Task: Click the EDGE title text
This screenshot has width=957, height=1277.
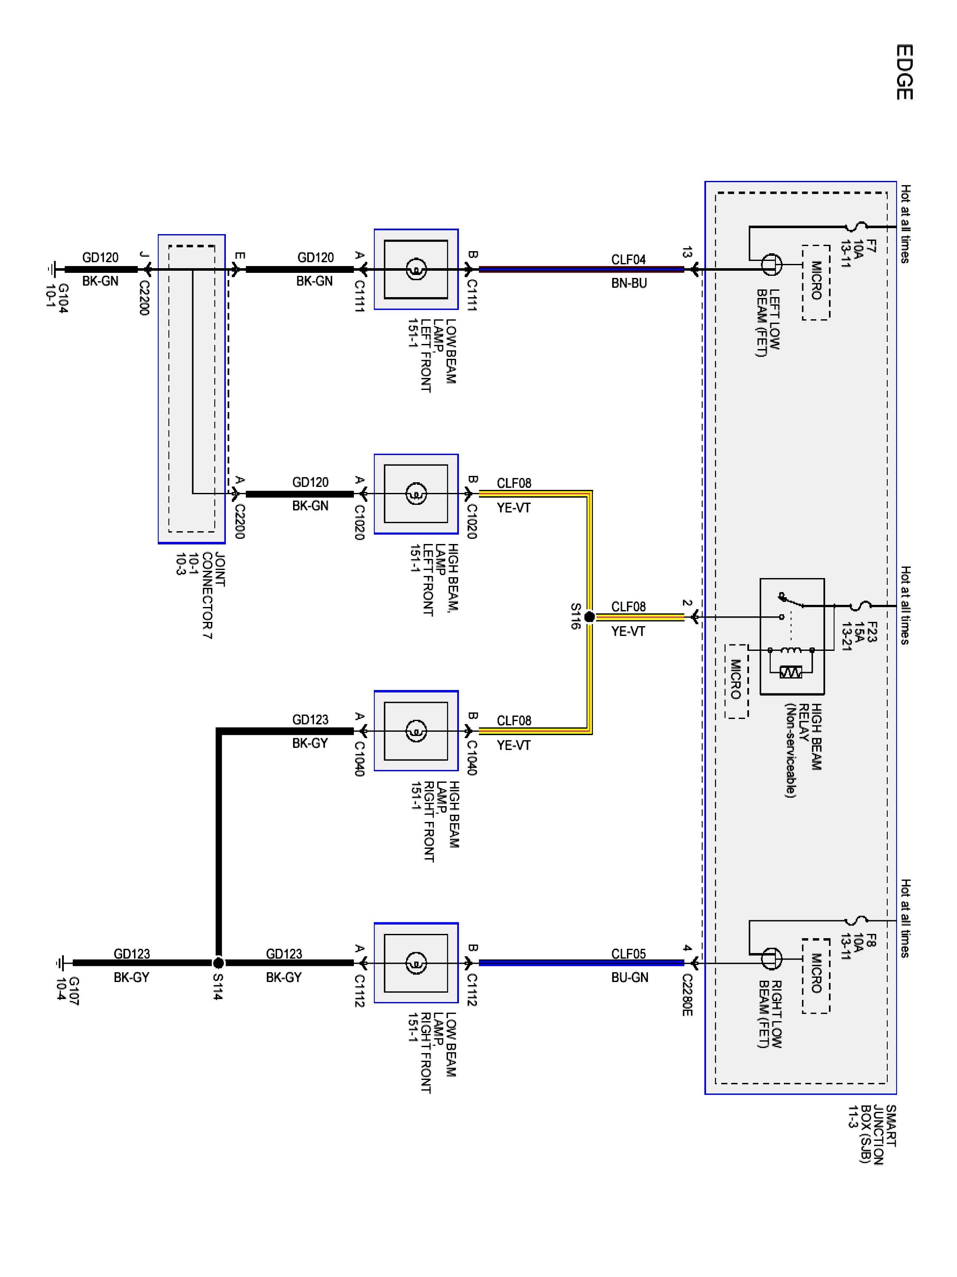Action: (x=904, y=72)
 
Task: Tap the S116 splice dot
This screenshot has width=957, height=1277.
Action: (x=589, y=617)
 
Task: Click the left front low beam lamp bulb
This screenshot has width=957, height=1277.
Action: (x=416, y=269)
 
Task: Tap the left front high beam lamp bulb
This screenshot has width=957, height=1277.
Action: (x=416, y=494)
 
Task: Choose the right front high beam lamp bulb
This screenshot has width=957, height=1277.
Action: (x=416, y=731)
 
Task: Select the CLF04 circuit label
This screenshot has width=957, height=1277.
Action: (x=628, y=259)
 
